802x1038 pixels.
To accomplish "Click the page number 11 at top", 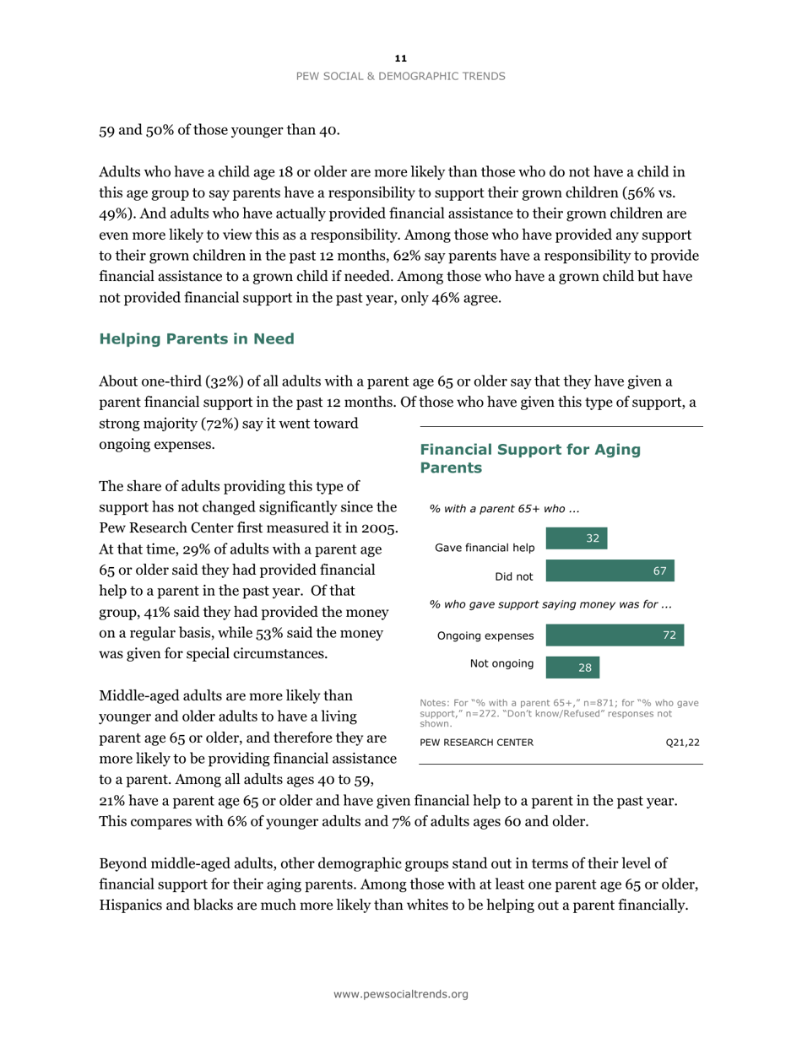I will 401,58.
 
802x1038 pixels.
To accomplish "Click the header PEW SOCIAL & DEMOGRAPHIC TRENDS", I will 401,76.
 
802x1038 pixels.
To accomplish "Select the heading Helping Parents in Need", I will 197,339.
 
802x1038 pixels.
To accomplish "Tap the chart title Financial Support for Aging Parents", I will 529,458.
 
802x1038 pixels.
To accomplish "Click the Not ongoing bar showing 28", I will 574,668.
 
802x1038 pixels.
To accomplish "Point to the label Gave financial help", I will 484,548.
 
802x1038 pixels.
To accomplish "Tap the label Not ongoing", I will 501,664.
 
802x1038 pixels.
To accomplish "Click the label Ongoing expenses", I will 485,635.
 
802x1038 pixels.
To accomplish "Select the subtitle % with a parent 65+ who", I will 504,508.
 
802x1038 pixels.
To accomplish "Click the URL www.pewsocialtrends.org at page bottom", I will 401,995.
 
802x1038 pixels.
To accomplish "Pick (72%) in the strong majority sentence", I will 225,422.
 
